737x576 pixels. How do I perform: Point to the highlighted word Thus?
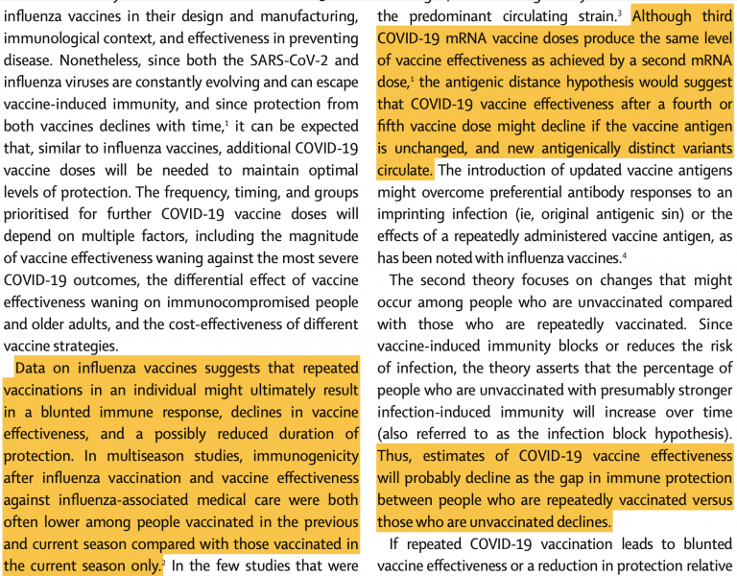pos(396,456)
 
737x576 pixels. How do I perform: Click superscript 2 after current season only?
pos(163,564)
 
